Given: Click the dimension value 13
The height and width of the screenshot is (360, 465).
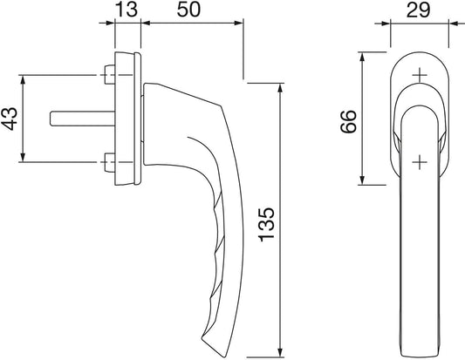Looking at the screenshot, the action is click(x=127, y=10).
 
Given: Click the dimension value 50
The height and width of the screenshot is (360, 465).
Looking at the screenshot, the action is click(x=189, y=10).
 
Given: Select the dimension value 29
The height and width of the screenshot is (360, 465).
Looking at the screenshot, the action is click(x=418, y=10).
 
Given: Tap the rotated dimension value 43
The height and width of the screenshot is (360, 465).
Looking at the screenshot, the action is click(x=10, y=119).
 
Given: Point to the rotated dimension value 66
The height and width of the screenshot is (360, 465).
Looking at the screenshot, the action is click(x=348, y=121).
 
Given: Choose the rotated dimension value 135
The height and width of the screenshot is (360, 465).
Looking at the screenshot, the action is click(x=267, y=225).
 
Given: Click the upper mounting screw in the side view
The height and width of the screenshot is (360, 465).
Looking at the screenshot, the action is click(x=110, y=74).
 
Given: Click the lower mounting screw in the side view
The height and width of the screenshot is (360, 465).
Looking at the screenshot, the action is click(x=110, y=162).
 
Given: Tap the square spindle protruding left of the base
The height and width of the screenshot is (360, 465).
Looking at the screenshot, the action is click(x=82, y=119).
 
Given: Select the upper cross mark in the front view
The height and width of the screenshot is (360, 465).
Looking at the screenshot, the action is click(x=420, y=75).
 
